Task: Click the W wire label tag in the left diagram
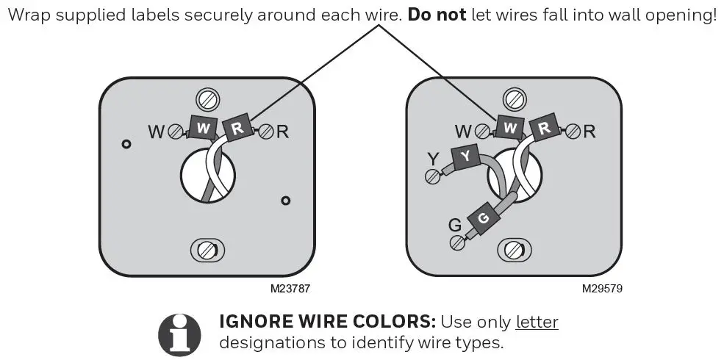(x=204, y=128)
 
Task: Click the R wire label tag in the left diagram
(x=237, y=128)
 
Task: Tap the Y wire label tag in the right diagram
(x=465, y=156)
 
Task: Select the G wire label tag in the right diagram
(x=482, y=218)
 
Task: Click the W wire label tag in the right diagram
(x=509, y=128)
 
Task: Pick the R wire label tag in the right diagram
(x=544, y=128)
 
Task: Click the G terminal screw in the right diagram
(x=457, y=241)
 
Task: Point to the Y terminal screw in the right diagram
(x=432, y=175)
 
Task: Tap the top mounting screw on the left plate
(x=207, y=98)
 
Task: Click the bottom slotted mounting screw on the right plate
(x=514, y=251)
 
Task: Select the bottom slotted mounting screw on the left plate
(x=207, y=251)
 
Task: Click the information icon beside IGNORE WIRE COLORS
(x=179, y=334)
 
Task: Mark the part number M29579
(x=602, y=289)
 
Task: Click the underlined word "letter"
(x=537, y=323)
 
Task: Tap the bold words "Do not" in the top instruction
(x=437, y=15)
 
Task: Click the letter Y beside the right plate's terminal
(x=434, y=157)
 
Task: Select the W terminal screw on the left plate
(x=176, y=132)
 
